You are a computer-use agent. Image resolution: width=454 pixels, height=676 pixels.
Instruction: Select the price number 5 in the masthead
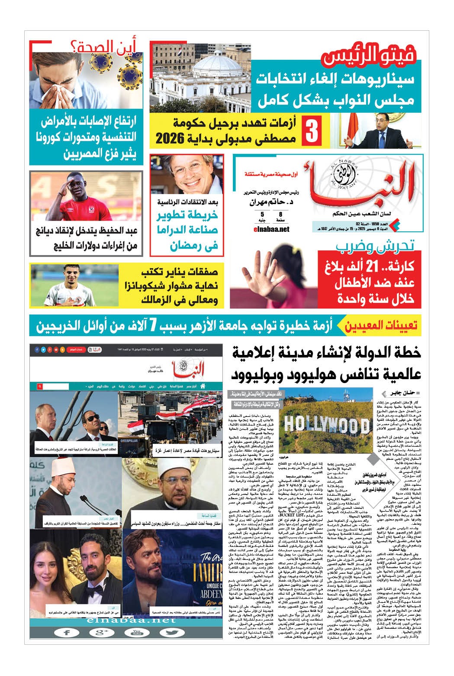[262, 214]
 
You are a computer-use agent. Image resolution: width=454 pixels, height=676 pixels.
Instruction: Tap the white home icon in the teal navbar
[202, 386]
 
